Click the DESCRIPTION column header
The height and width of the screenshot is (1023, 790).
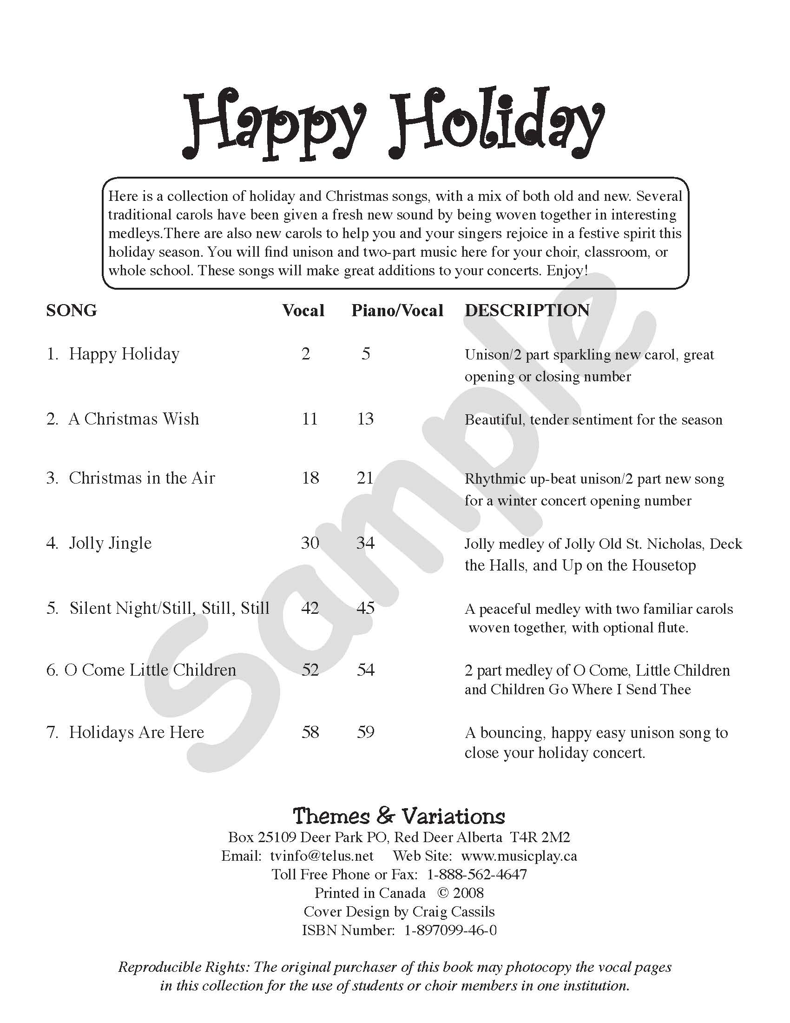pos(527,311)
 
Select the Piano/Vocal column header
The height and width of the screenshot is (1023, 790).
pos(397,311)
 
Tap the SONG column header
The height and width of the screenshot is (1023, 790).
pos(71,311)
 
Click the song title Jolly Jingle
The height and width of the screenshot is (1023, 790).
pos(110,543)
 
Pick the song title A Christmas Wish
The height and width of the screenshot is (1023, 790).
pos(133,419)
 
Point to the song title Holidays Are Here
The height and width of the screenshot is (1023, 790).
pos(136,732)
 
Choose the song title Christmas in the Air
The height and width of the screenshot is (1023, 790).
pos(142,478)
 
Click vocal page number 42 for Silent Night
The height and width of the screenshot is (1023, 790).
pos(310,608)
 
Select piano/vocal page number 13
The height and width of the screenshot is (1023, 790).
pos(365,419)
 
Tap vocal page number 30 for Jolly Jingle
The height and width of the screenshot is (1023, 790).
pos(310,543)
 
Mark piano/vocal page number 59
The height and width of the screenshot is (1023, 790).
pos(365,732)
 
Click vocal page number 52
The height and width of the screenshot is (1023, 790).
pos(310,670)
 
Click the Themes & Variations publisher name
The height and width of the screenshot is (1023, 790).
pos(399,817)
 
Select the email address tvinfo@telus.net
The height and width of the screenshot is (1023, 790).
pos(322,856)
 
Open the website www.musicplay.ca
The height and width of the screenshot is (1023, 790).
pos(519,856)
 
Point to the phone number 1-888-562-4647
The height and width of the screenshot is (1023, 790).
pos(477,875)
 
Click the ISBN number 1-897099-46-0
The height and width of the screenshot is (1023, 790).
pos(450,930)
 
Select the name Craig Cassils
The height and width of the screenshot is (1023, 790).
pos(453,911)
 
